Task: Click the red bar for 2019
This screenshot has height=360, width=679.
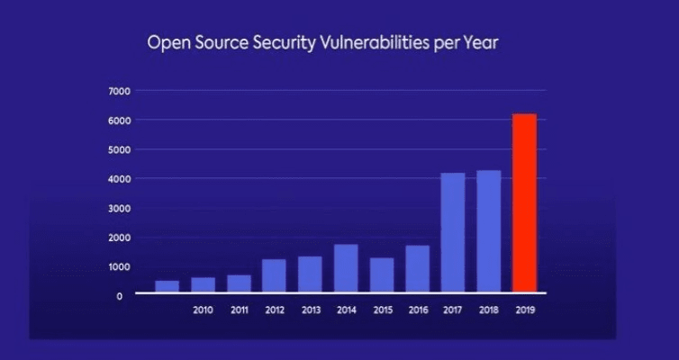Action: [x=524, y=203]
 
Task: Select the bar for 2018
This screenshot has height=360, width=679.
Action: [x=488, y=231]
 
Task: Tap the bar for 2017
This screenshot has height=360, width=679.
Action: [x=452, y=232]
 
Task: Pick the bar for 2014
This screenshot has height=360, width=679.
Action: [x=346, y=268]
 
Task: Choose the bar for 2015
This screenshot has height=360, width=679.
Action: [x=382, y=274]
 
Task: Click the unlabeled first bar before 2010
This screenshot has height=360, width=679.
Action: [x=167, y=286]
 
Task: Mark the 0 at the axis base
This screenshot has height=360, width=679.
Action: [x=120, y=296]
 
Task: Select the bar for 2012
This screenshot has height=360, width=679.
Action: [x=275, y=276]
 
